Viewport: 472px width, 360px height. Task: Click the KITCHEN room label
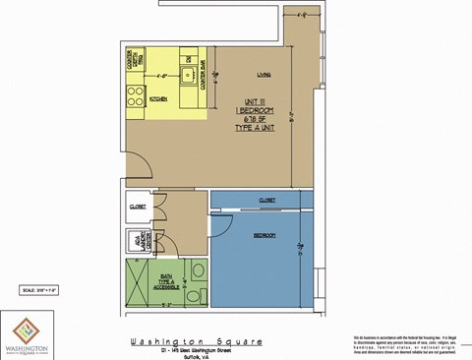point(157,99)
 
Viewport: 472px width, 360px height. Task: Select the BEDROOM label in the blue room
point(265,236)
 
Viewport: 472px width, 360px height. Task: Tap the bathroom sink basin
point(200,270)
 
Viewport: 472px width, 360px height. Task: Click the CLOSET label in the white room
point(138,207)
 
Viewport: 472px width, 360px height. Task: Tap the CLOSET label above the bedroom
point(266,200)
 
